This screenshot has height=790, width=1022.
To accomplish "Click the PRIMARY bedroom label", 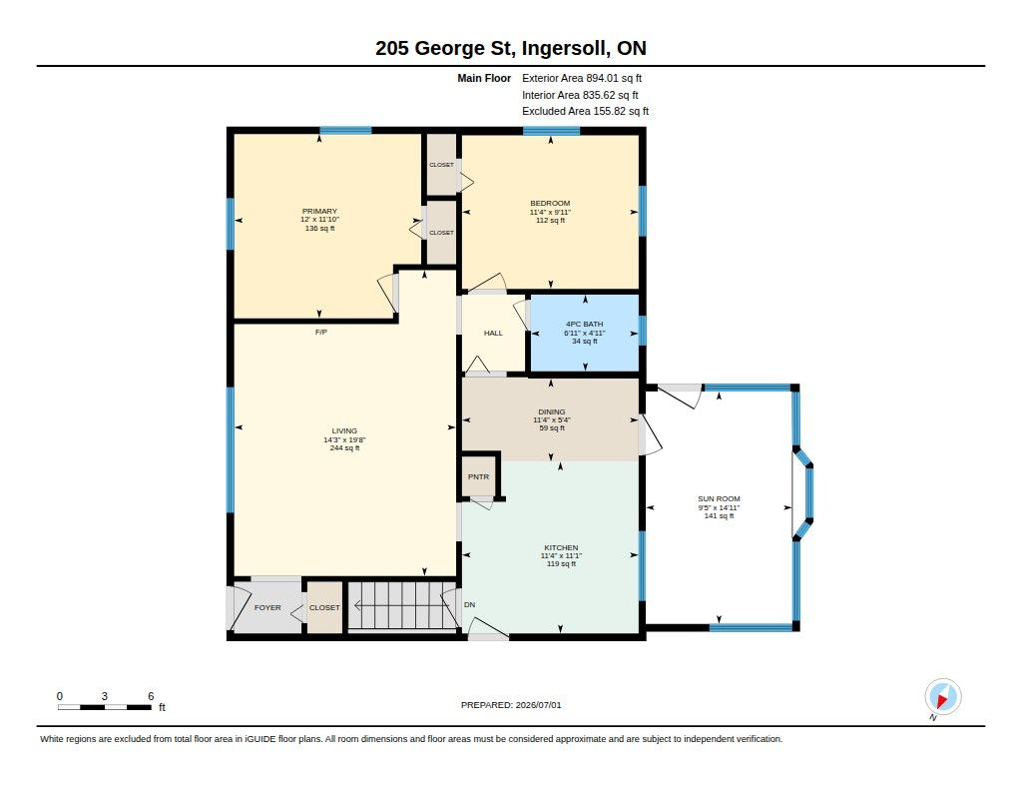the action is (319, 211).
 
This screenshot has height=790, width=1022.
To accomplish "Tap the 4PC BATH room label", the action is (584, 324).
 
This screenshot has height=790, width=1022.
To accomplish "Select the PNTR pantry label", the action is (478, 476).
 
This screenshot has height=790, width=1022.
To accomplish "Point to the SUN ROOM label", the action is (719, 498).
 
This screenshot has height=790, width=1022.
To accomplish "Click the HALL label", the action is (493, 333).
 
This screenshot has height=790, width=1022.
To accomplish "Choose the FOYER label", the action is (267, 607).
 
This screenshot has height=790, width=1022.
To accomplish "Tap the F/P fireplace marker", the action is (320, 332).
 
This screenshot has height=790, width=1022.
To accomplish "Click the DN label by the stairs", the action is (469, 604).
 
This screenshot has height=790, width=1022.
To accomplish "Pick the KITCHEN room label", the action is (561, 547).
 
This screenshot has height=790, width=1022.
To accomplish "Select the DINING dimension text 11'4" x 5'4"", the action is (552, 420).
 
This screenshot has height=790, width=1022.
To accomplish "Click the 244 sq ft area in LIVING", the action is (344, 447).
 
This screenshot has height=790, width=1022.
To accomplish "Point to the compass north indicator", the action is (942, 697).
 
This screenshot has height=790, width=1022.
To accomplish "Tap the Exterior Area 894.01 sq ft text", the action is (582, 78).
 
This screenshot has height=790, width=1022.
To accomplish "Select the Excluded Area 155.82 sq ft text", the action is (585, 112).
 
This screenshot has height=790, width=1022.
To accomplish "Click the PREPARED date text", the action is (511, 705).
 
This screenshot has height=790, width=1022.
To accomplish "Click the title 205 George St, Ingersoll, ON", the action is (511, 48).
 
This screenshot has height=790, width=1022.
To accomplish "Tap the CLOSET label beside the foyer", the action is (324, 607).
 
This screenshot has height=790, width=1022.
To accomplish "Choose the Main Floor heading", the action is (484, 78).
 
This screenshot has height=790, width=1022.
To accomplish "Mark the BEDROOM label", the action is (550, 203).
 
